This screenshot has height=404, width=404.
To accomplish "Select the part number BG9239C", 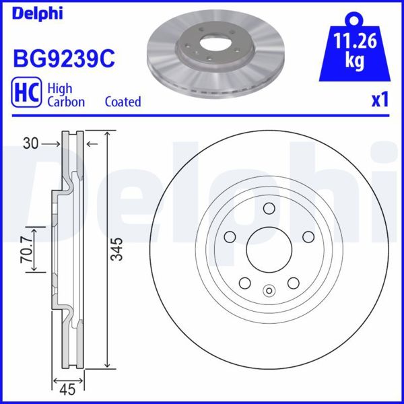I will point(64,59).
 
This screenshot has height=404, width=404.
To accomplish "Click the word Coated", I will point(123,102).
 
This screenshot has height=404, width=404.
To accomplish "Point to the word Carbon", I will point(65,102).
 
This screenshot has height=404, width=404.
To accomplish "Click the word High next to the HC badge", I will point(60,88).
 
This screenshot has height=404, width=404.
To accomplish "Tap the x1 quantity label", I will point(380,100).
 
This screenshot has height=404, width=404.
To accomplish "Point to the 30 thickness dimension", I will point(28,143).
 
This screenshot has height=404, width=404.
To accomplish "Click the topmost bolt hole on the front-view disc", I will point(269,208).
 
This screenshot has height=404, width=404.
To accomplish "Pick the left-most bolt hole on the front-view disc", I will point(228,236).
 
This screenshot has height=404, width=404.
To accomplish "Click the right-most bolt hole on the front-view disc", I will point(309,236).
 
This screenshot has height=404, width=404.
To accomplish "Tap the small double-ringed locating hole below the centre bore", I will point(269,292).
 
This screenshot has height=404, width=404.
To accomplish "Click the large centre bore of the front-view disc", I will point(269,250).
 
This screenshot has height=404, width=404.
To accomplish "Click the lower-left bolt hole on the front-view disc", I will point(244,283).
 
